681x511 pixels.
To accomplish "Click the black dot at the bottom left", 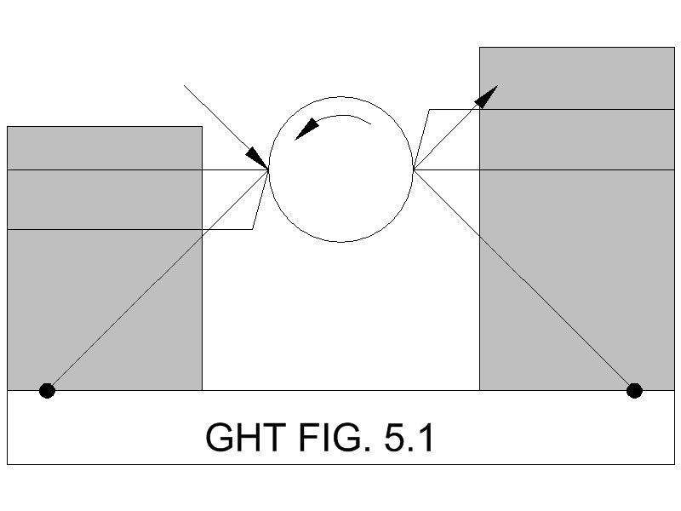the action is [47, 391].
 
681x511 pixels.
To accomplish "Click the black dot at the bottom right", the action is [634, 391].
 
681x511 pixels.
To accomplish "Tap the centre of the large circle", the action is [341, 169].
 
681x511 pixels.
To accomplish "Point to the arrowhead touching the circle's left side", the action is [258, 158].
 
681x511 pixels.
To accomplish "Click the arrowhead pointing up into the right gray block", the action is [486, 96].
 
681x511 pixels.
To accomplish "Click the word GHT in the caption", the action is [245, 438].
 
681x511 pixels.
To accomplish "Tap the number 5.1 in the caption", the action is [409, 438].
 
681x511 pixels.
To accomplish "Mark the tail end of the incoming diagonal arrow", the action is [184, 85].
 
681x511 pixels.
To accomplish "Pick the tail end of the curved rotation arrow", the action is [371, 124].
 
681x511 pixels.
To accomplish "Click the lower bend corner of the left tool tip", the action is [253, 229].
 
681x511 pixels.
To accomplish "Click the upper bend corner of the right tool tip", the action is [429, 110].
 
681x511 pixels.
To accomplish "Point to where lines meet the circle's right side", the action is [414, 169].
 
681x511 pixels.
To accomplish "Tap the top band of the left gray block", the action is [105, 148].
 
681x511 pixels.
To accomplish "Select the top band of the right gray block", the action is [577, 78].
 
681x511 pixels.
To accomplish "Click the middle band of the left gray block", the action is [105, 199].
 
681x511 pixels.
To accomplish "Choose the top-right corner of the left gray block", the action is [202, 127].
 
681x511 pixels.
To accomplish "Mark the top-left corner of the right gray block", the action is [479, 48].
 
